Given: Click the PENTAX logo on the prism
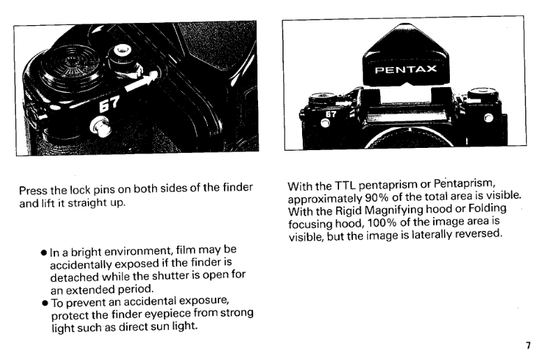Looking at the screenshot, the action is coord(406,70).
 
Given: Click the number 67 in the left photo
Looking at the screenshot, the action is coord(110,104).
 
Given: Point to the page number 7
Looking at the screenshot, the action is coord(528,345).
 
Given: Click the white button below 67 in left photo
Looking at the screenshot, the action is coord(101,127).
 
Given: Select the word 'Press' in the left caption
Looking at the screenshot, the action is coord(33,190).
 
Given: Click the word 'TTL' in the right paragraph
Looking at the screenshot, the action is coord(345,185).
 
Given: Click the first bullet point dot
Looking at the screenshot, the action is coord(44,253).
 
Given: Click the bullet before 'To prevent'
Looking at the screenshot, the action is coord(45,303).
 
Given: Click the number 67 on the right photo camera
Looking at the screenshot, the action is coord(331,114).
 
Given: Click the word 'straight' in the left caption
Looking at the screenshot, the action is coord(87,203).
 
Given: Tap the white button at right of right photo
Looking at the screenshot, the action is coord(488,118).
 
